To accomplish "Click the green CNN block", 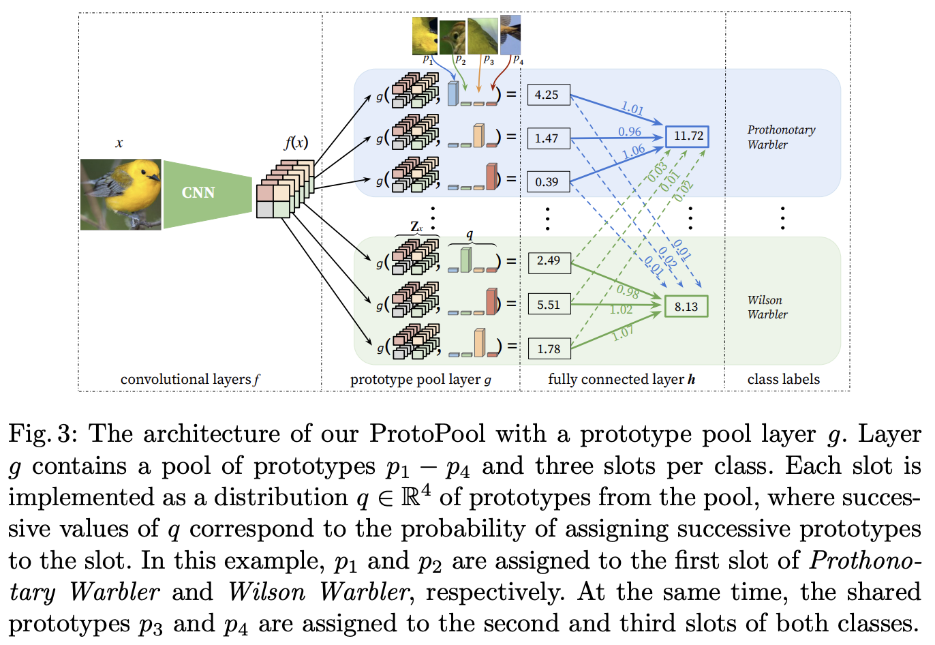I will tap(204, 193).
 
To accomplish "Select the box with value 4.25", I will tap(548, 95).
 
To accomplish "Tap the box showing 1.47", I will tap(548, 138).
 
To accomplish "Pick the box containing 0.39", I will tap(548, 182).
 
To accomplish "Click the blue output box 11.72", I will tap(687, 136).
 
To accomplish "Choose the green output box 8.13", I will tap(686, 306).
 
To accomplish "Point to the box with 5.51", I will tap(549, 305).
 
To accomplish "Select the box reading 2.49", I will tap(549, 261).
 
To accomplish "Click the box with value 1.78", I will tap(549, 349).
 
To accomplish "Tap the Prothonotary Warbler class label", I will tap(781, 137).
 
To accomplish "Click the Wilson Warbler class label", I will tap(767, 307).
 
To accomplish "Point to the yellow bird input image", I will tap(121, 194).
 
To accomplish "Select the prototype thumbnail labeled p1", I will tap(425, 36).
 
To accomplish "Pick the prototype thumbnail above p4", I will tap(510, 35).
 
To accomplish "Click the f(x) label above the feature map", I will tap(296, 143).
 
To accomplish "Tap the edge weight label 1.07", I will tap(622, 333).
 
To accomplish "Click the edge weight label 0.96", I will tap(630, 132).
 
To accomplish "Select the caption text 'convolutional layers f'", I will tap(190, 380).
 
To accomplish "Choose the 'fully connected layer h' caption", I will tap(622, 380).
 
